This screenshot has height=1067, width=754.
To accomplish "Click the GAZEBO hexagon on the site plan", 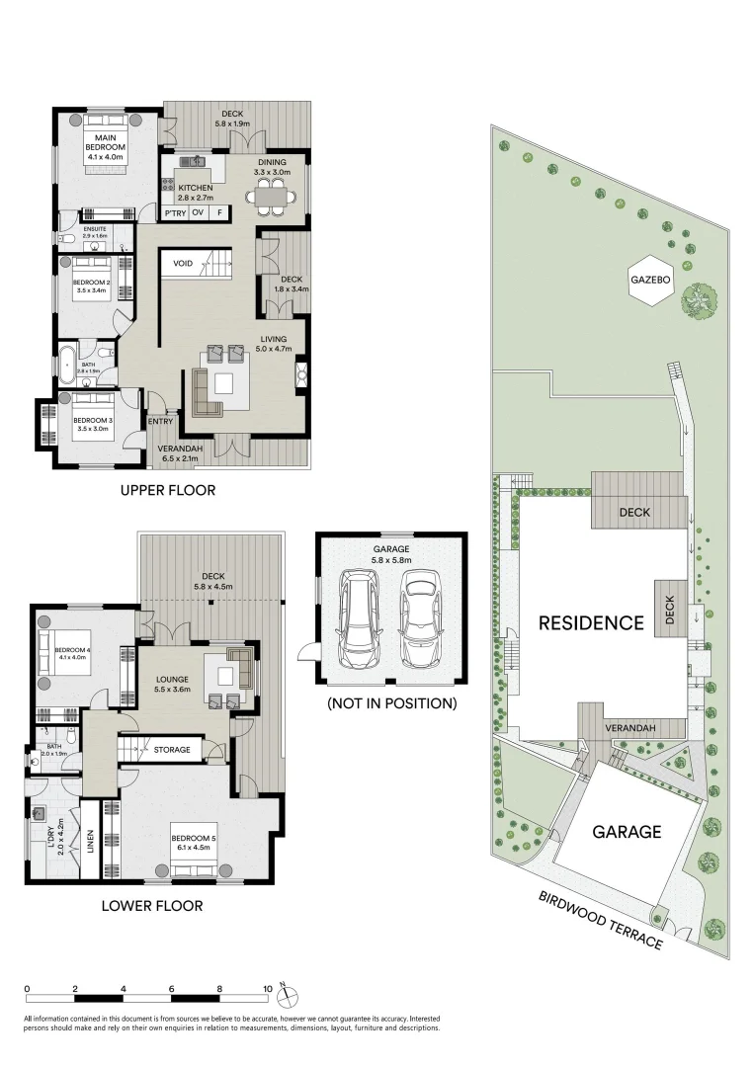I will coord(650,280).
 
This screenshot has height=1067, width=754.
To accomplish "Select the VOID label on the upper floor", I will coord(183,264).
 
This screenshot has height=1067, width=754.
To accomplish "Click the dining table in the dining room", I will coord(272,198).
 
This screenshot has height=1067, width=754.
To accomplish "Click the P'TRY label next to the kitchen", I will coord(175,213).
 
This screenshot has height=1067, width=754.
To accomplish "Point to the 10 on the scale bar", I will coord(267,988).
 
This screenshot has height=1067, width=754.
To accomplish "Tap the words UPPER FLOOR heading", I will coord(167,490).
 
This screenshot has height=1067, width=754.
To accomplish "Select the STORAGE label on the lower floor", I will coord(172,750).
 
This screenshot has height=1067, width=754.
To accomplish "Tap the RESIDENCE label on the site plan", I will coord(591,623).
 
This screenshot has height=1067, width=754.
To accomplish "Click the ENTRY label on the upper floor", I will coord(160,422).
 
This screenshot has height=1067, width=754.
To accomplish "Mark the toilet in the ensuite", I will coord(65,239).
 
